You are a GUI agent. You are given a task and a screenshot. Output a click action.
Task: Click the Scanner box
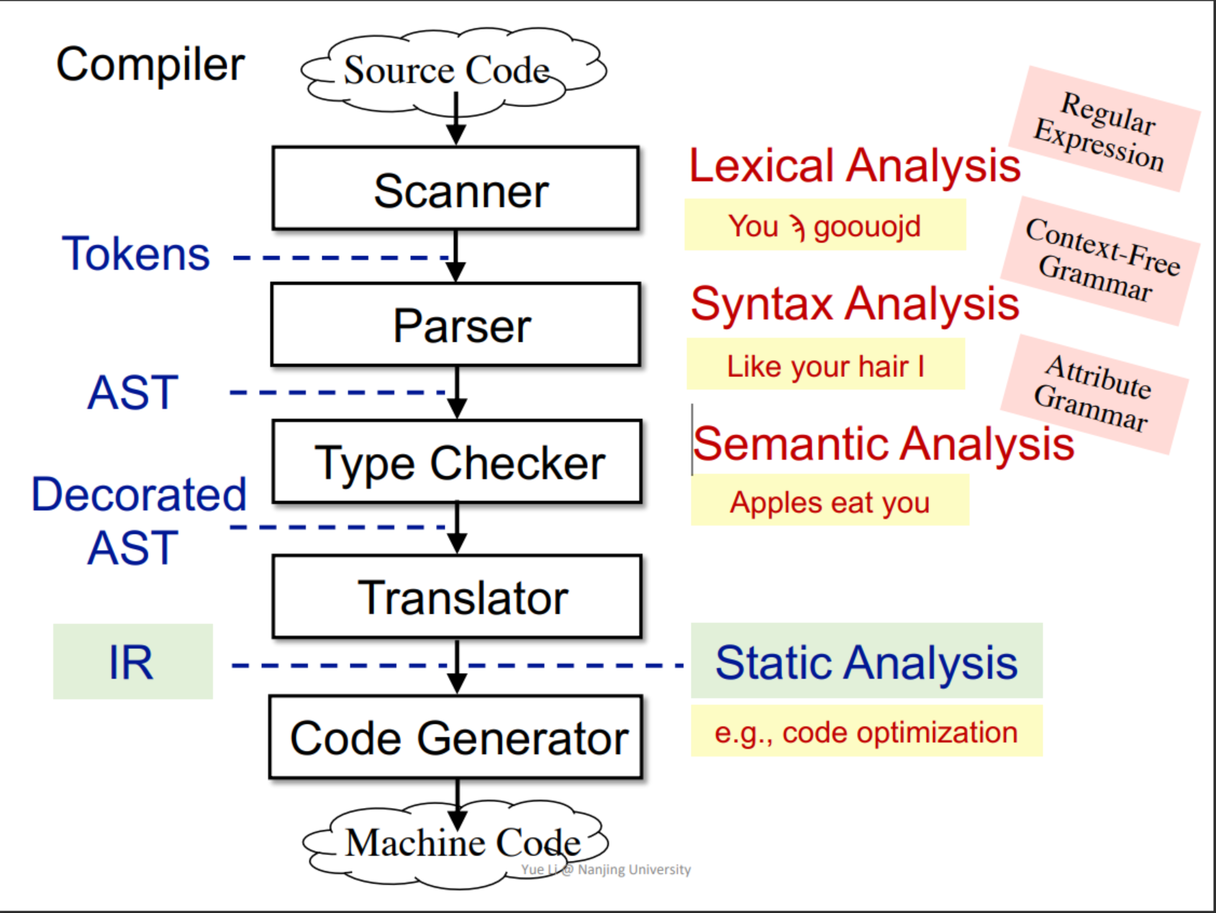click(x=455, y=189)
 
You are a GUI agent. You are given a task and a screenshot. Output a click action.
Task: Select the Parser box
click(x=455, y=324)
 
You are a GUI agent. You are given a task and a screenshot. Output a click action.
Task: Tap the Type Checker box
click(x=457, y=461)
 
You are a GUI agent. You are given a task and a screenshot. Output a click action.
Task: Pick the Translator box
click(x=457, y=596)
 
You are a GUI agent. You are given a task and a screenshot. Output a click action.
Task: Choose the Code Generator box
click(x=456, y=737)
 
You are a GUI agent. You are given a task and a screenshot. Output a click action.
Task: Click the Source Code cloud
click(x=450, y=71)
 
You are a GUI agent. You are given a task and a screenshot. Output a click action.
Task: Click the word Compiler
click(x=150, y=65)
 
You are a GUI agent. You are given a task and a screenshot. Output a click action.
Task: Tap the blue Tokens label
click(x=136, y=254)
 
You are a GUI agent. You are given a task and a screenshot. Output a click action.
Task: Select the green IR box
click(x=133, y=662)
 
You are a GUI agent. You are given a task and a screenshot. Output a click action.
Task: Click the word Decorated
click(x=139, y=494)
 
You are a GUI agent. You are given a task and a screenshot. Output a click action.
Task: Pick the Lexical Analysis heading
click(x=854, y=165)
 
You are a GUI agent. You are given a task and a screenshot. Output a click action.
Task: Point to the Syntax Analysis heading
click(x=854, y=303)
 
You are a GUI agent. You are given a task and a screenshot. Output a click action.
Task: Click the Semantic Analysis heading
click(x=883, y=443)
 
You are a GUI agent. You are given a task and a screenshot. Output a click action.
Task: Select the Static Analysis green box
click(x=866, y=661)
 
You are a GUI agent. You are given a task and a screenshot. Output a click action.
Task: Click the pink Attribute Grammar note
click(x=1094, y=394)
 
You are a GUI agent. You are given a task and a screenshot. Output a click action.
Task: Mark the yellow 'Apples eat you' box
click(x=830, y=501)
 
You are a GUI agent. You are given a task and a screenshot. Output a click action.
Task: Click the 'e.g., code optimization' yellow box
click(x=866, y=732)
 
